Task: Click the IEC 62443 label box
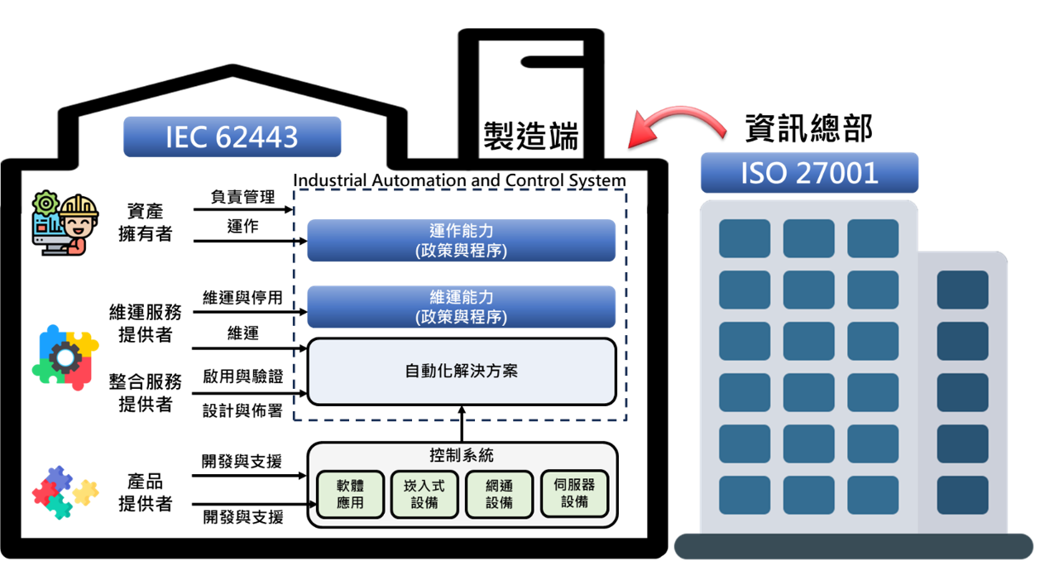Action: [232, 137]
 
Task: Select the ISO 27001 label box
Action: [809, 173]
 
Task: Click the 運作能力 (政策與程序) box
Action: [461, 241]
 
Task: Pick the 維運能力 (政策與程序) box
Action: [461, 307]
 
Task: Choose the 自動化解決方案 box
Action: [461, 372]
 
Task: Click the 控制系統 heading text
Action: [462, 456]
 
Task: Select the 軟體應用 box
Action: [350, 495]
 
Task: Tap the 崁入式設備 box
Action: [424, 495]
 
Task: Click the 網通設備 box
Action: [499, 495]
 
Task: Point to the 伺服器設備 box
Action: [574, 494]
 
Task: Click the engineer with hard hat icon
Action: [65, 223]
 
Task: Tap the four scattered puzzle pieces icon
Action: [65, 492]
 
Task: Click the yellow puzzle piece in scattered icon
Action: [85, 492]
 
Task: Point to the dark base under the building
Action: [853, 546]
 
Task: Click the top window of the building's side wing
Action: [962, 290]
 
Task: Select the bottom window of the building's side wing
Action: [962, 495]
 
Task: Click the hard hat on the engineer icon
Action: [78, 206]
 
